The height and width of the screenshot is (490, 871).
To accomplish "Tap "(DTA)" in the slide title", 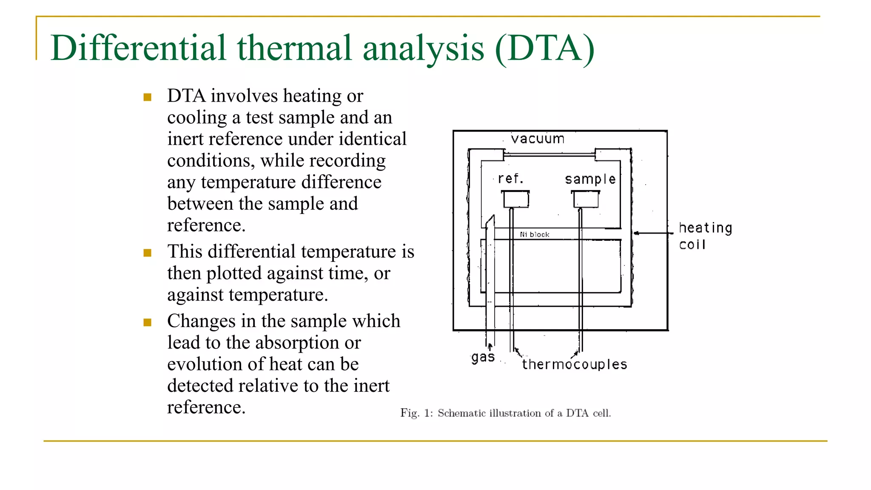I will coord(544,48).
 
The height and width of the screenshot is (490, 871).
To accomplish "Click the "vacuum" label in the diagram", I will coord(538,139).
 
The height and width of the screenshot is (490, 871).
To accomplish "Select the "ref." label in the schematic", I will coord(510,179).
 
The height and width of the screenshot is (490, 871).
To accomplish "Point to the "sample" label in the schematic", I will coord(590,179).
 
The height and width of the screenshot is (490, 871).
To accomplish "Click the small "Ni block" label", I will coord(535,234).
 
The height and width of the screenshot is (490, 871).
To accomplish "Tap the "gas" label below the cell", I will coord(483,357).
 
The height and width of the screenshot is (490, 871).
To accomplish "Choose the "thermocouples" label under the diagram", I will coord(575,365).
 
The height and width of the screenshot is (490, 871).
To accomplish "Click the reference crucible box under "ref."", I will coord(516,199).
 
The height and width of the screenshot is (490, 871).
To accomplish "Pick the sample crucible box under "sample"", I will coord(586,199).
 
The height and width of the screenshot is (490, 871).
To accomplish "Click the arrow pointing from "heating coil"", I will coord(653,233).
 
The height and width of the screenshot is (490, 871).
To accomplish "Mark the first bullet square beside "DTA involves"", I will coord(148,97).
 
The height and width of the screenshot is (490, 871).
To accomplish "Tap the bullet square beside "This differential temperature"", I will coord(148,253).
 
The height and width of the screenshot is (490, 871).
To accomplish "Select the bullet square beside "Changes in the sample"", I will coord(148,322).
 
